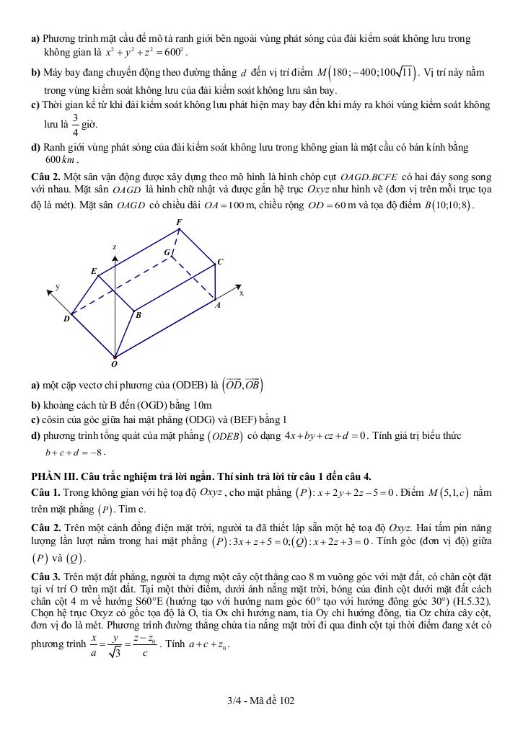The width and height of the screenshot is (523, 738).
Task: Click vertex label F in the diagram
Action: tap(179, 221)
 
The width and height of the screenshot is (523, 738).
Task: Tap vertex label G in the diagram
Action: tap(167, 252)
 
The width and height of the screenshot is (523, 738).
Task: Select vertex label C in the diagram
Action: tap(220, 262)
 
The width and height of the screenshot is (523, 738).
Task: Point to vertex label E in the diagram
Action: tap(93, 271)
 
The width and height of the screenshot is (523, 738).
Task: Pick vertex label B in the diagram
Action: tap(139, 315)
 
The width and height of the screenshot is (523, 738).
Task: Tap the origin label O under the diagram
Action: tap(114, 364)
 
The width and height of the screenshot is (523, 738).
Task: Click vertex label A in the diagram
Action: tap(217, 305)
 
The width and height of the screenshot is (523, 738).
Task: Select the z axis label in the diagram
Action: tap(114, 246)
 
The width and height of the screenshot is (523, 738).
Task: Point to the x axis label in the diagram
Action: tap(242, 293)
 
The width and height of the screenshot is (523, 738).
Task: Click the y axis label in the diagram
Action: tap(58, 286)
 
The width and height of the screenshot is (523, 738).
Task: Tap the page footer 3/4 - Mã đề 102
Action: tap(260, 700)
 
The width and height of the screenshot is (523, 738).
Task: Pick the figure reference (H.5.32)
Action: tap(471, 600)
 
